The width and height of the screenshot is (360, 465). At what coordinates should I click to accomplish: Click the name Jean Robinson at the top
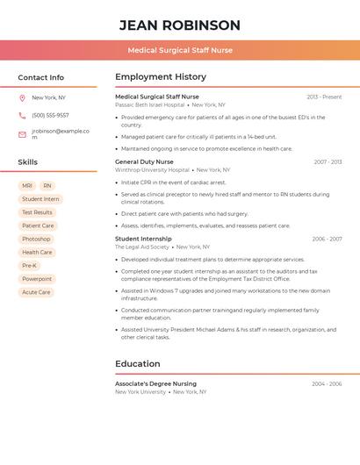(x=179, y=25)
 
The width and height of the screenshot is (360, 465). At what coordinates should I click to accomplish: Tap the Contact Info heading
(x=40, y=77)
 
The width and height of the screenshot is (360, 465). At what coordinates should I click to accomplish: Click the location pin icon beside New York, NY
(x=22, y=97)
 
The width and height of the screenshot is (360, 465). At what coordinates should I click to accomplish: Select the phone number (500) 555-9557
(x=50, y=115)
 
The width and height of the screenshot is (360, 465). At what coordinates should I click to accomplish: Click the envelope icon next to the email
(x=22, y=134)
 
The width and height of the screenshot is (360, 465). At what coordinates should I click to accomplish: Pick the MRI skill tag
(x=27, y=186)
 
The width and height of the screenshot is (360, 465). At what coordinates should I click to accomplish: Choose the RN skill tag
(x=47, y=186)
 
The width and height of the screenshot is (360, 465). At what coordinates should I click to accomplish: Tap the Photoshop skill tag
(x=36, y=239)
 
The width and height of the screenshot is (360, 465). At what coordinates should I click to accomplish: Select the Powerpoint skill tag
(x=38, y=279)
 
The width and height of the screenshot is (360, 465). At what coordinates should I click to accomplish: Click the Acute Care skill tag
(x=36, y=292)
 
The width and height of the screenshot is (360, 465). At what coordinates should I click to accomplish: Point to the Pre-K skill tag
(x=29, y=265)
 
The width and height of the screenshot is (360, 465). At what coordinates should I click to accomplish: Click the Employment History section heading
(x=161, y=77)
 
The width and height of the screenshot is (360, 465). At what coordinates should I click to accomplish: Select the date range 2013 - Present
(x=324, y=97)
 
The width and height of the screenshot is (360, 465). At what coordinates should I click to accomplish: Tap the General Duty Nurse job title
(x=144, y=161)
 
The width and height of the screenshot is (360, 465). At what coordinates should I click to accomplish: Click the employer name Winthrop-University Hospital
(x=152, y=170)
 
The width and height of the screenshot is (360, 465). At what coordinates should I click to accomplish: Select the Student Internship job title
(x=143, y=239)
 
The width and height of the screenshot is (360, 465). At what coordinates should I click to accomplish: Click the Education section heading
(x=137, y=363)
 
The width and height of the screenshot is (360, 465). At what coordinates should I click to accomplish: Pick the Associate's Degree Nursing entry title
(x=155, y=383)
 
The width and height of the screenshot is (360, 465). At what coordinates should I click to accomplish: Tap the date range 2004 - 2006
(x=327, y=383)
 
